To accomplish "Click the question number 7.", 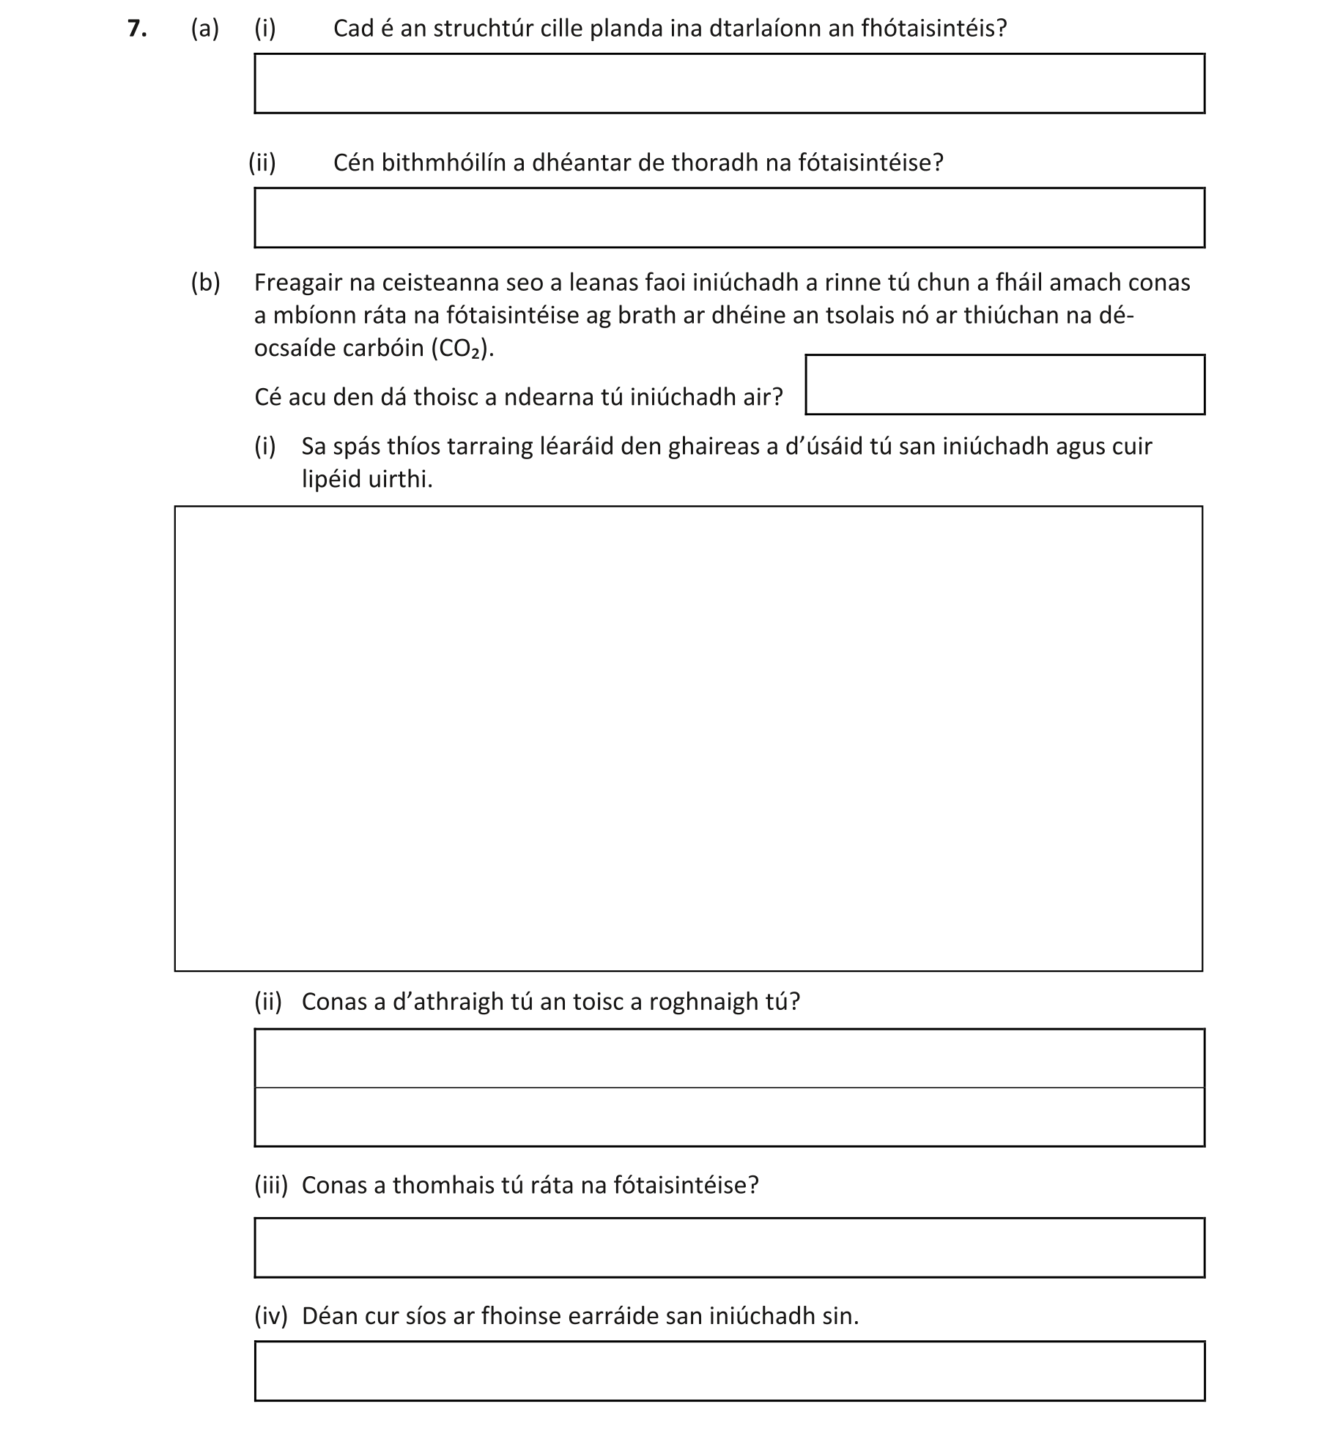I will [136, 29].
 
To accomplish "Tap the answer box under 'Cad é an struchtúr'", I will [729, 83].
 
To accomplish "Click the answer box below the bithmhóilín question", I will [729, 218].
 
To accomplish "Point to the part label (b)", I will [205, 283].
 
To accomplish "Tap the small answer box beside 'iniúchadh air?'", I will [1004, 385].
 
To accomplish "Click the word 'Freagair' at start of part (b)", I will [297, 283].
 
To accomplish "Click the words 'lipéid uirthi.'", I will [367, 480].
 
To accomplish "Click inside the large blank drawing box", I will [688, 738].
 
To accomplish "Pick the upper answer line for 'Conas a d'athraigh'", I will [729, 1058].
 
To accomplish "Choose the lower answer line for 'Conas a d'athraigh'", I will [729, 1117].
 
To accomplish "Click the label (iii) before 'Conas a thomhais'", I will [271, 1185].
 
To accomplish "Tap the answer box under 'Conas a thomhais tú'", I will [729, 1248].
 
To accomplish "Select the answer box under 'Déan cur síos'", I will [729, 1371].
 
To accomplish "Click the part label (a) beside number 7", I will [205, 29].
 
